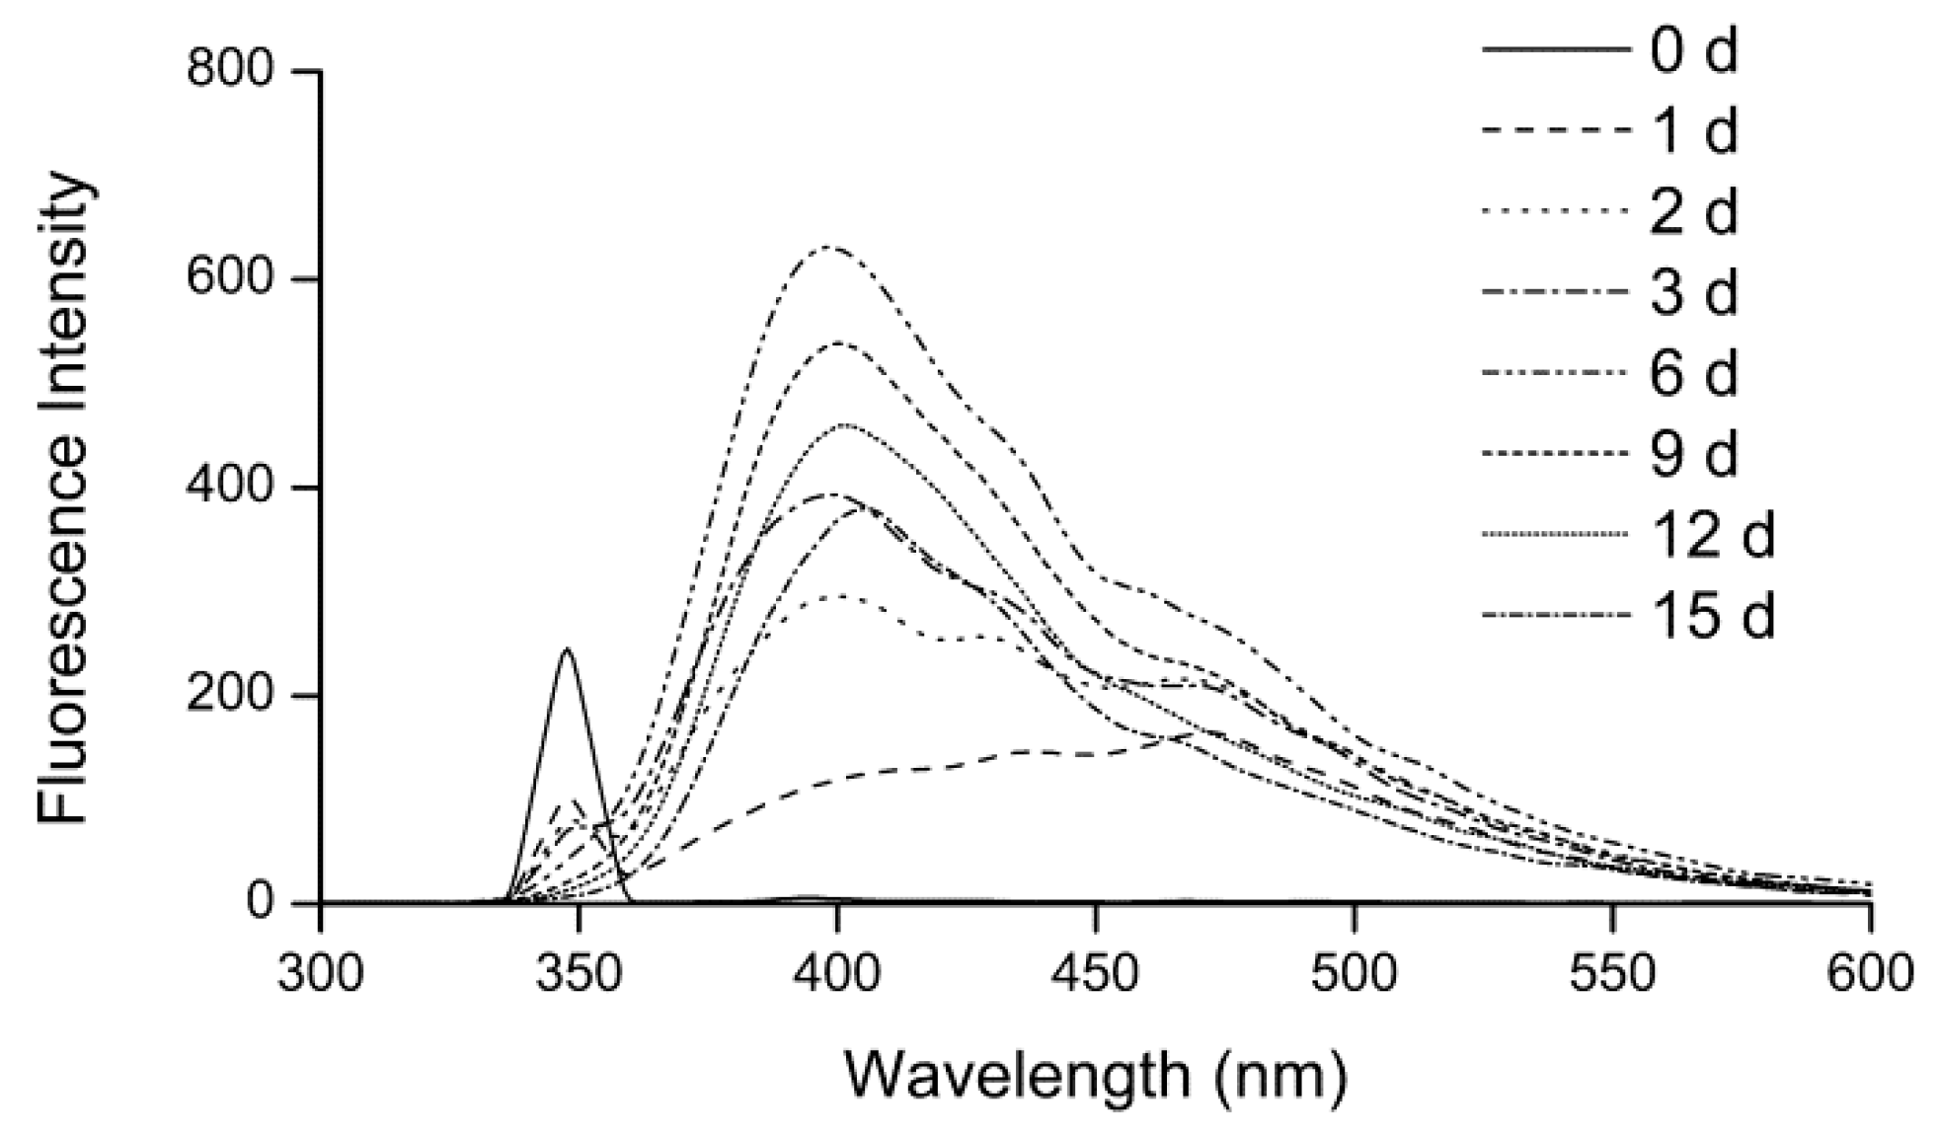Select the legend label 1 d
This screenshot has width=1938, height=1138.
tap(1692, 130)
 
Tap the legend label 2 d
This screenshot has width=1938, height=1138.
tap(1692, 211)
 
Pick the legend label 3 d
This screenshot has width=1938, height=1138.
tap(1692, 292)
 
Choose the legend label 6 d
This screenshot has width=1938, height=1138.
tap(1692, 373)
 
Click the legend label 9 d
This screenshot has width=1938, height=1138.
tap(1692, 454)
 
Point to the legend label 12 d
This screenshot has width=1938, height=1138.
tap(1711, 535)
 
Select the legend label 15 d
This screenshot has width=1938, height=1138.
tap(1711, 616)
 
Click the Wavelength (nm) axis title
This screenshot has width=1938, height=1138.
tap(1095, 1075)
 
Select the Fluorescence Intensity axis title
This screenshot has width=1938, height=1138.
tap(65, 498)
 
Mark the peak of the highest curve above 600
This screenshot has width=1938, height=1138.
tap(827, 247)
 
